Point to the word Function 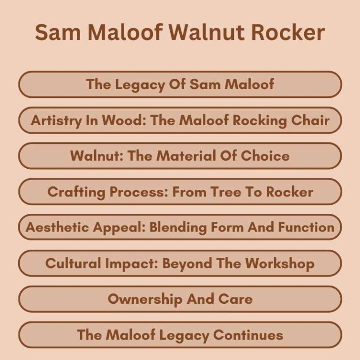coord(306,227)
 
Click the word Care coord(235,299)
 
